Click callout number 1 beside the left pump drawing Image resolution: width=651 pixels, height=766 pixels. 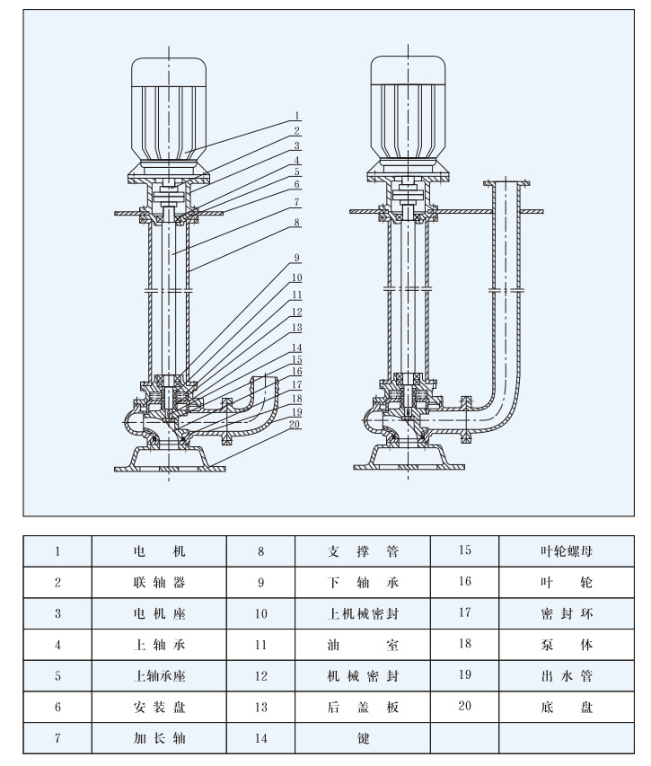(x=297, y=116)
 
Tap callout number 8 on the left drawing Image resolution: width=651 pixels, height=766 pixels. (x=297, y=223)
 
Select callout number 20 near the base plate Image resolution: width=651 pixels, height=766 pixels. (x=295, y=424)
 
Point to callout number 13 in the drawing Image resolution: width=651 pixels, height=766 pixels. (x=297, y=328)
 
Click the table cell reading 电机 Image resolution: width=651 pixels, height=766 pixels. (x=159, y=551)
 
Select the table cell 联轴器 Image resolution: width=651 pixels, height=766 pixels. (x=159, y=582)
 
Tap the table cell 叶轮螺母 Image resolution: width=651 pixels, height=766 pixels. (x=567, y=551)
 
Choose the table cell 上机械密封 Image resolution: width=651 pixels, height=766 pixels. (x=363, y=613)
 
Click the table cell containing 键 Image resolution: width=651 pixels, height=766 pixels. (x=363, y=737)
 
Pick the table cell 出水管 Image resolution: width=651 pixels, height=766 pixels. (x=567, y=675)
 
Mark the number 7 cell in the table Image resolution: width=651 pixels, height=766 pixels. (x=57, y=737)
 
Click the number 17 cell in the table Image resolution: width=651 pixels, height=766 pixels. (x=464, y=612)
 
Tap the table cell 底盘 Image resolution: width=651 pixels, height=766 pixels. (x=567, y=707)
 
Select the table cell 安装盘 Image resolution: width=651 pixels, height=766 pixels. (x=159, y=707)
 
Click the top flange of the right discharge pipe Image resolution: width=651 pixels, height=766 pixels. (x=507, y=184)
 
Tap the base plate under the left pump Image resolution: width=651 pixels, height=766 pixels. (x=170, y=459)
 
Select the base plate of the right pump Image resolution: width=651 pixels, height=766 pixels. (x=409, y=457)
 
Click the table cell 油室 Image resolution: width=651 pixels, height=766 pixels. (x=363, y=645)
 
